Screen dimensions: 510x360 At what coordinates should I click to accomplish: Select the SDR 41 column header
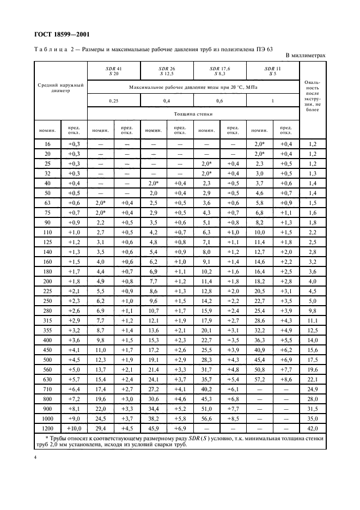coord(113,71)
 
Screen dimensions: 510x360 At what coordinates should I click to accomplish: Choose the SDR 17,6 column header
coord(220,71)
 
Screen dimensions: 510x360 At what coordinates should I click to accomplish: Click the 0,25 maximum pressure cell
coord(113,100)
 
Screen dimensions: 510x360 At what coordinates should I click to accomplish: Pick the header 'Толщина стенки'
coord(193,114)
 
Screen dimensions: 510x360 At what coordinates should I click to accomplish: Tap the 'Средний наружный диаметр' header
coord(60,88)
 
